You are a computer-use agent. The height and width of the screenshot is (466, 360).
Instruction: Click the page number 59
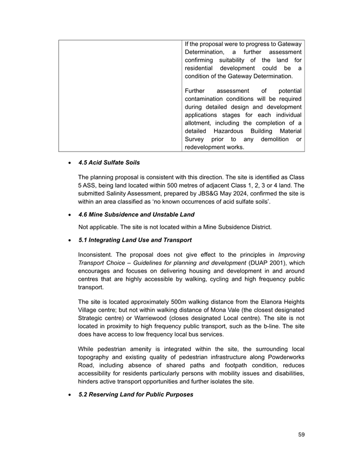coord(301,435)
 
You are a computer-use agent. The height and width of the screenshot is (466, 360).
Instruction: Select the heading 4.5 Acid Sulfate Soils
coord(109,162)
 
